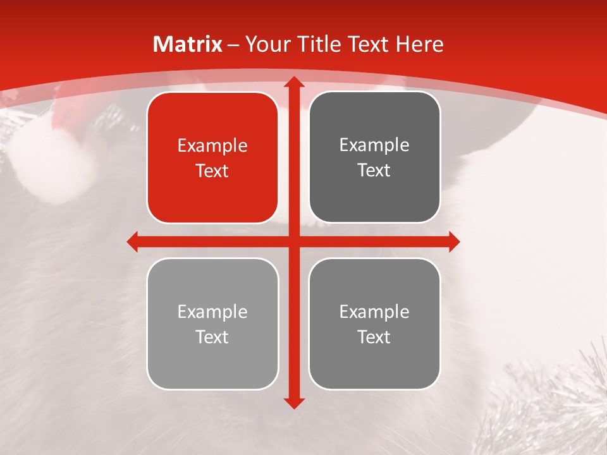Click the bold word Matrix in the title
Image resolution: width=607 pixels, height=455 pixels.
188,44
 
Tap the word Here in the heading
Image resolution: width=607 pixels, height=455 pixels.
419,44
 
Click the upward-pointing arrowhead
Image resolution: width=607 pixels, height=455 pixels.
293,82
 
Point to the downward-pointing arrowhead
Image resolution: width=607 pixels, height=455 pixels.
293,403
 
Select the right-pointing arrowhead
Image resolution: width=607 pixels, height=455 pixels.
453,241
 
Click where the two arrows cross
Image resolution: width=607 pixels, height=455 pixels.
293,241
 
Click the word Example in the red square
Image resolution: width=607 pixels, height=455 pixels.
212,146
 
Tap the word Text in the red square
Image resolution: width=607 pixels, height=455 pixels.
212,171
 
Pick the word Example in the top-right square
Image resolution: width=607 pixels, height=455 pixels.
374,145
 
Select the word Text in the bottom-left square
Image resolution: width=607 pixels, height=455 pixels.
212,337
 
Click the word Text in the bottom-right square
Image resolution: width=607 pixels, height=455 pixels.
374,337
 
